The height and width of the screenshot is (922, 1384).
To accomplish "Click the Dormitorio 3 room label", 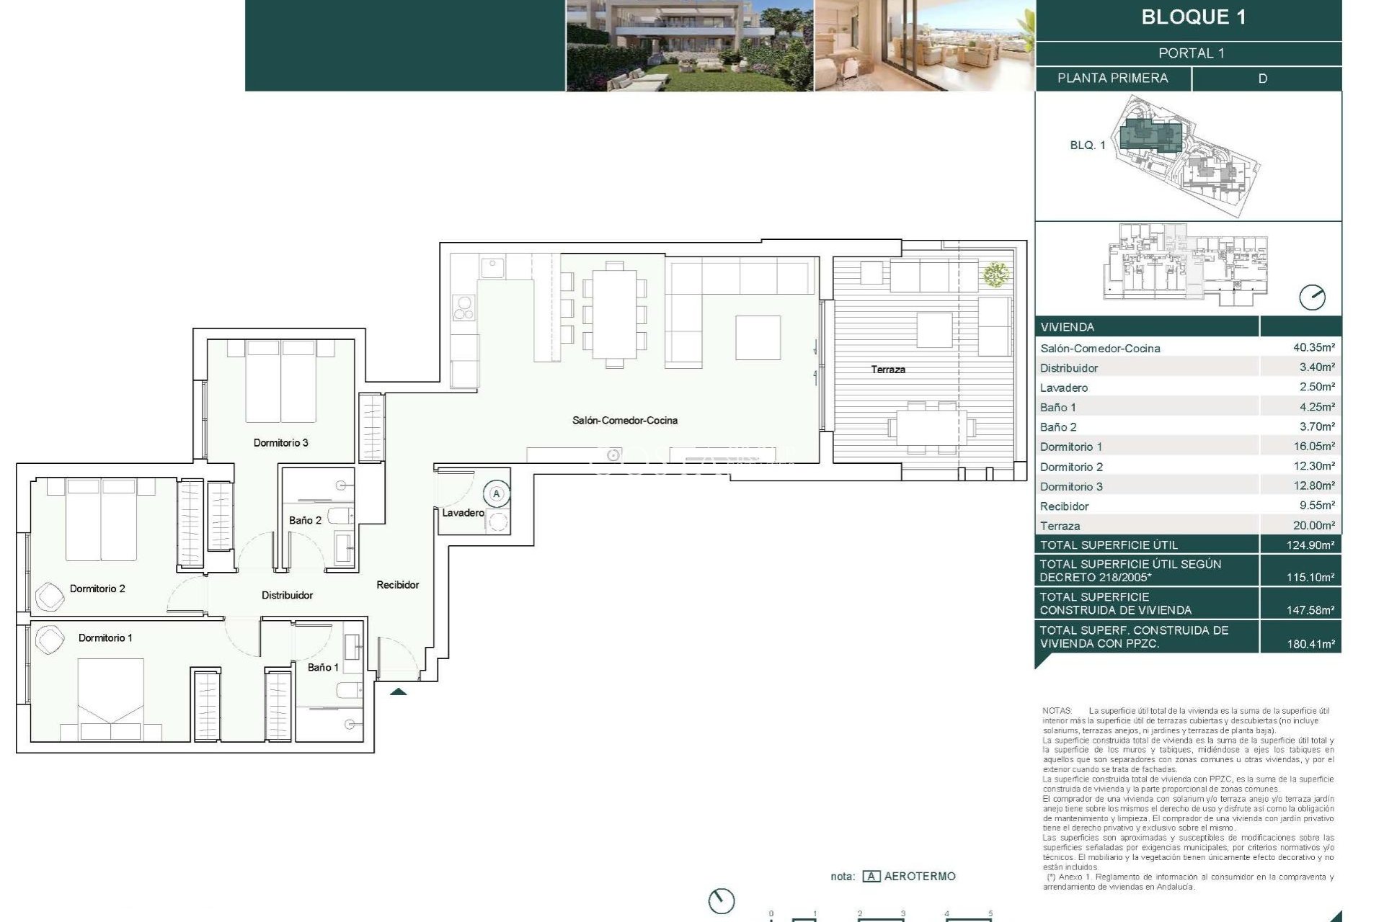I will pyautogui.click(x=280, y=442).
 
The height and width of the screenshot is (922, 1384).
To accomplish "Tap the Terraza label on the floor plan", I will pyautogui.click(x=887, y=369).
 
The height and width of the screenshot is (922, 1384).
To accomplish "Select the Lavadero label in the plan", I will pyautogui.click(x=462, y=512).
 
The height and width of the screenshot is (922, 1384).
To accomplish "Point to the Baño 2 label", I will pyautogui.click(x=305, y=519).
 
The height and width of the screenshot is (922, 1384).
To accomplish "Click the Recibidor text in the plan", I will pyautogui.click(x=397, y=584).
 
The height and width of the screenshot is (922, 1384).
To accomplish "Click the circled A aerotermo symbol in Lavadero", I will pyautogui.click(x=496, y=494).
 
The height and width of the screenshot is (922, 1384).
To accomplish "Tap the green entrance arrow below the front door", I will pyautogui.click(x=398, y=691).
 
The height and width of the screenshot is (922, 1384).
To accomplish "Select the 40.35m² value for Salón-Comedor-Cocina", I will pyautogui.click(x=1313, y=347).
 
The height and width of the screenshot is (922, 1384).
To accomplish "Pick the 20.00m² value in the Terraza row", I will pyautogui.click(x=1313, y=525).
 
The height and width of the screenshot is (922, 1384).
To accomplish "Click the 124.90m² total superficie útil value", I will pyautogui.click(x=1310, y=545).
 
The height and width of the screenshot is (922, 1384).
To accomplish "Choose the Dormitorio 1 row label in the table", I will pyautogui.click(x=1070, y=447).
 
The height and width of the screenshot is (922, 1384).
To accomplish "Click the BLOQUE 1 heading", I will pyautogui.click(x=1193, y=17).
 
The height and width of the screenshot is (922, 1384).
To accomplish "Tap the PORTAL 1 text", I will pyautogui.click(x=1191, y=53).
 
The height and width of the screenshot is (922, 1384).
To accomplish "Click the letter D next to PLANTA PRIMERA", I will pyautogui.click(x=1262, y=79).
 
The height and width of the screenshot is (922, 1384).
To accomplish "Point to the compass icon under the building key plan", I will pyautogui.click(x=1312, y=297).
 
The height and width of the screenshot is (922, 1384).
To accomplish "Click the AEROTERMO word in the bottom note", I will pyautogui.click(x=919, y=876).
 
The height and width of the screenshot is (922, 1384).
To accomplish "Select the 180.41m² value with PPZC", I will pyautogui.click(x=1310, y=643).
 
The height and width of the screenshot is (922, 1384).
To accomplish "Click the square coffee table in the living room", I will pyautogui.click(x=758, y=337).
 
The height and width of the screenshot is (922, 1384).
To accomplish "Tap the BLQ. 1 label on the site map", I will pyautogui.click(x=1087, y=145).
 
